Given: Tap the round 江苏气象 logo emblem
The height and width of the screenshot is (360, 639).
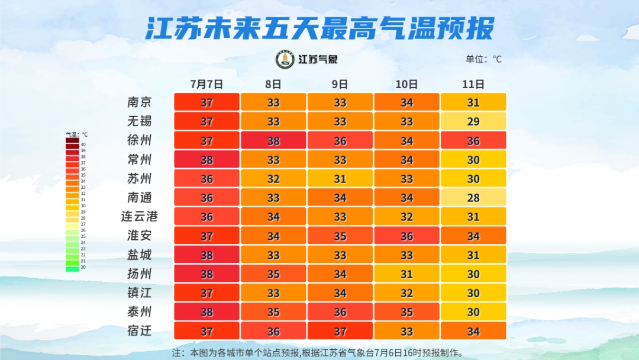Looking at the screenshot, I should (x=285, y=59).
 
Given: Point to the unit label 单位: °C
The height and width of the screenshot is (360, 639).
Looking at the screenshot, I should (x=483, y=59).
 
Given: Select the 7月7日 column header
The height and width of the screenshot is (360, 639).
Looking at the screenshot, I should (x=206, y=84).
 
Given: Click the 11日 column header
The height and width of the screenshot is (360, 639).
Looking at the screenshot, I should (x=473, y=84).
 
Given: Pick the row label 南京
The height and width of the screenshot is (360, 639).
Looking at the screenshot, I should (x=140, y=102).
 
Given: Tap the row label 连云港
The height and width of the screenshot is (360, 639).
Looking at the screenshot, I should (x=140, y=216).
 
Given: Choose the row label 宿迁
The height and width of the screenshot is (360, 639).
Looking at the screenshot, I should (x=140, y=330).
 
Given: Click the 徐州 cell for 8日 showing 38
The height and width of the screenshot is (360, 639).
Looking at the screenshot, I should (x=273, y=140).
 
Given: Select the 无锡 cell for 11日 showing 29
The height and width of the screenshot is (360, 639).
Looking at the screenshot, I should (x=473, y=121).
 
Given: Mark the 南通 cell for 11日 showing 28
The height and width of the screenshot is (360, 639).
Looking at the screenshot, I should (x=473, y=197).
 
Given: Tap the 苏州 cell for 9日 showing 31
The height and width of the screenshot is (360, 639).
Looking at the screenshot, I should (x=340, y=178).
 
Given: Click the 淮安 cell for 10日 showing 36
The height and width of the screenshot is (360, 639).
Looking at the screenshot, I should (x=406, y=236).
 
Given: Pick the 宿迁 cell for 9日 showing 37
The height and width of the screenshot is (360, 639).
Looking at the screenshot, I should (x=340, y=330).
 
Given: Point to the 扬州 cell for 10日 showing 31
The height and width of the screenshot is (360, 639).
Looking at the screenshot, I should (x=406, y=274).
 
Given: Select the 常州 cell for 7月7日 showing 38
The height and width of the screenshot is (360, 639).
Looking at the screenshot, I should (x=206, y=159).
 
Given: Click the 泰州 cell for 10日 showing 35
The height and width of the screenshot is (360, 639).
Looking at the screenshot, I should (x=406, y=311).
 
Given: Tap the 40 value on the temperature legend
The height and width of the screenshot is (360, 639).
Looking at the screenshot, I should (x=83, y=144).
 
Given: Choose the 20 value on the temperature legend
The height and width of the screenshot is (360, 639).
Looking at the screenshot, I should (x=83, y=267).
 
